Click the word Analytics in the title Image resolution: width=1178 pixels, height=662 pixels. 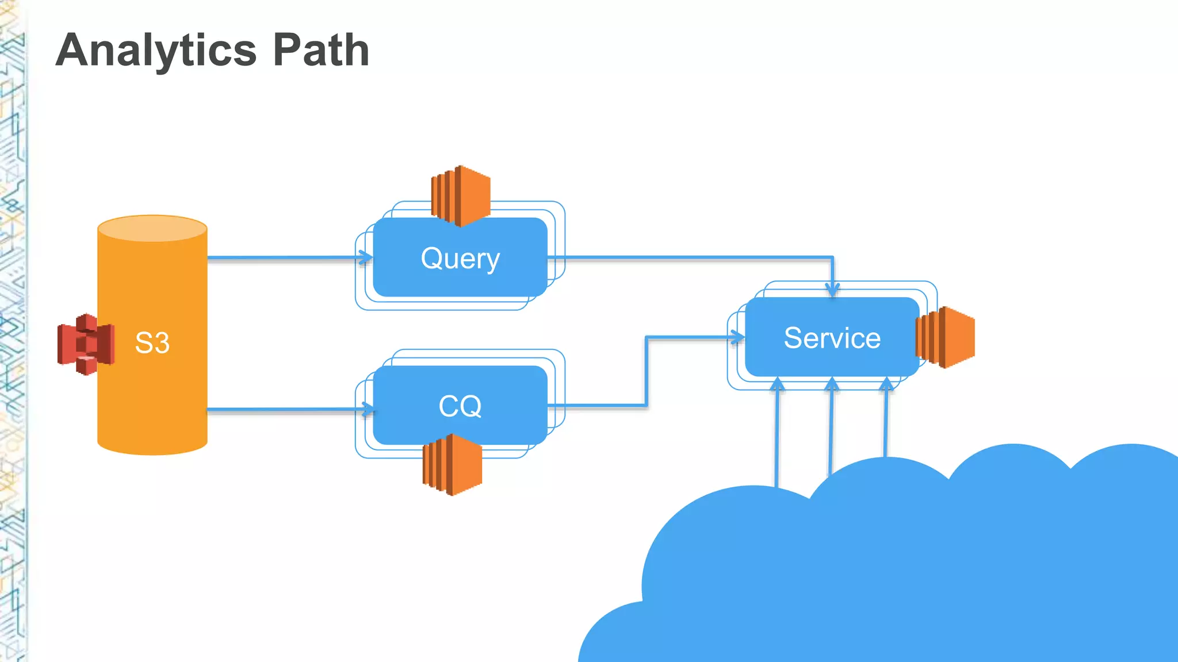coord(156,51)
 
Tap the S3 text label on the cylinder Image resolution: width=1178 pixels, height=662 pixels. coord(152,343)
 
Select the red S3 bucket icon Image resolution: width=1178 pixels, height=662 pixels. coord(86,344)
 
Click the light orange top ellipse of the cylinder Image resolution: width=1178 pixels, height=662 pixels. coord(152,229)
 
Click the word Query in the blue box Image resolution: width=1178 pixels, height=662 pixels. coord(460,259)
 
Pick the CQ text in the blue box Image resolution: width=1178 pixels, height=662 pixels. coord(460,406)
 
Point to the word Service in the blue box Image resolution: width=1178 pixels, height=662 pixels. coord(832,338)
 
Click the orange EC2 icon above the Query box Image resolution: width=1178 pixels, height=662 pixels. coord(461,196)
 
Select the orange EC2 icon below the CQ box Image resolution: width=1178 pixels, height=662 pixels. coord(453,464)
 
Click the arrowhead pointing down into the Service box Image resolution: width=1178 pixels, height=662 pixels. coord(832,290)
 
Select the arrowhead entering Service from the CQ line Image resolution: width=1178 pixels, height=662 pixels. coord(738,337)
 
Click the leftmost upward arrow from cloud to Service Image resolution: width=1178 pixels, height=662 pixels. coord(777,385)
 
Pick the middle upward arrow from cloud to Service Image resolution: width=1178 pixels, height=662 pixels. coord(832,385)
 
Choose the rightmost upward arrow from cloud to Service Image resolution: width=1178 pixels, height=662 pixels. coord(886,385)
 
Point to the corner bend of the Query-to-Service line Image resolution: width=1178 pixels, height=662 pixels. coord(832,257)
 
